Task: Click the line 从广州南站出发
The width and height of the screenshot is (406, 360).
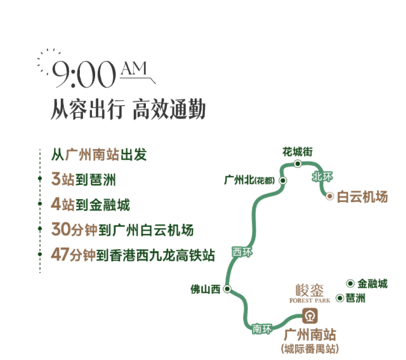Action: click(99, 154)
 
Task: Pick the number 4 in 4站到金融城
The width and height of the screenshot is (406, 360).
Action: click(55, 204)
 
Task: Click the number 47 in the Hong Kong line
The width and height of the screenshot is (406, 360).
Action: click(60, 255)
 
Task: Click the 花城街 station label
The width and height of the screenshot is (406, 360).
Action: click(298, 151)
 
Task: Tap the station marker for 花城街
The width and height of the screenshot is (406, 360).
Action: click(298, 164)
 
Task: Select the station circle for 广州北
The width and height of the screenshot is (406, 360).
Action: click(283, 181)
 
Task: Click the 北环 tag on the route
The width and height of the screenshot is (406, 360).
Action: click(322, 178)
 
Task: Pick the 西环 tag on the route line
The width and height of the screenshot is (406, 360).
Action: click(242, 252)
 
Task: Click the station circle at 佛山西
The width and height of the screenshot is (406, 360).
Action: click(227, 290)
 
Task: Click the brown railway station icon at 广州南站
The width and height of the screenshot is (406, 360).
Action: click(310, 315)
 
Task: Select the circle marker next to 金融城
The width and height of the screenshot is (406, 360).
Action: click(350, 283)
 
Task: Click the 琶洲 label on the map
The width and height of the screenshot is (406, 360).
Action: click(356, 297)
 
